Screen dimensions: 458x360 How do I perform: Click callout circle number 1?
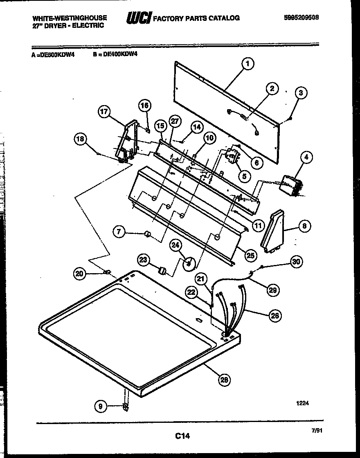(248, 63)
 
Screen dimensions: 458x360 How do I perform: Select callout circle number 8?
(305, 225)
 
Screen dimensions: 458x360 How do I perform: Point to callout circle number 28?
(223, 380)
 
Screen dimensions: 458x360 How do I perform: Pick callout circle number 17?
(105, 111)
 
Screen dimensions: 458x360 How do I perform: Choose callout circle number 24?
(176, 245)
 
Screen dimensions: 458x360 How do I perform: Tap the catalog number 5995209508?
(301, 18)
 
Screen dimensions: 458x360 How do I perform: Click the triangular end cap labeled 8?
(275, 232)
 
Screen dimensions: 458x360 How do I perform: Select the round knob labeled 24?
(188, 264)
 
